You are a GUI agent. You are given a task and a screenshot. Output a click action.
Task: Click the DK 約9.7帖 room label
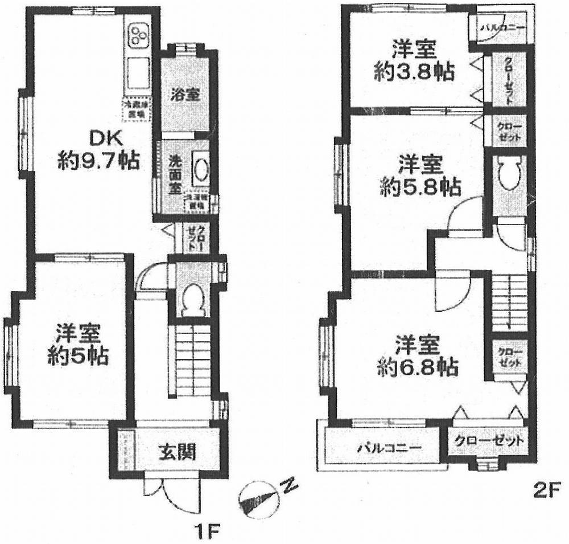(x=98, y=150)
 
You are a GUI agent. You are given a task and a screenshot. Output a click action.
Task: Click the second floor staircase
(x=509, y=302)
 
